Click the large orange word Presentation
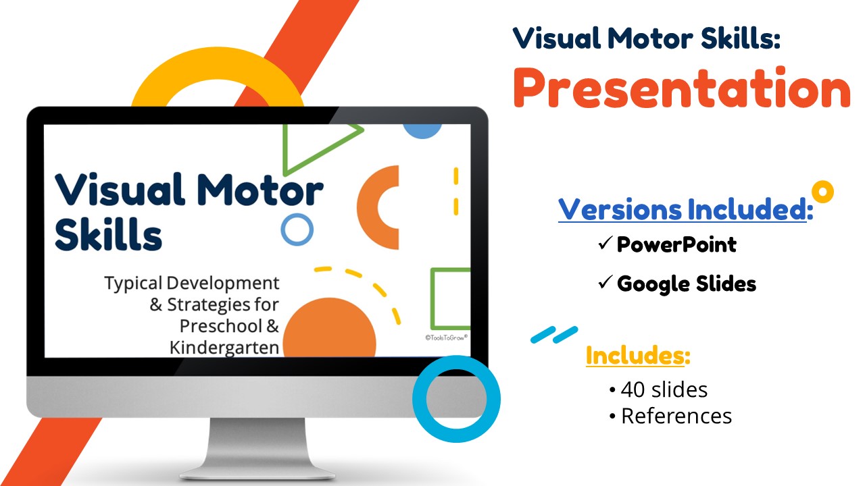pos(682,88)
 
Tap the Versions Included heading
pos(685,209)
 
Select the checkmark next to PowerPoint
pos(605,243)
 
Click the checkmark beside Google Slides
pos(605,282)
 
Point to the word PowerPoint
pos(676,244)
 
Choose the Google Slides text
pos(686,284)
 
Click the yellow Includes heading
pos(638,355)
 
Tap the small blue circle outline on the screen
pos(283,230)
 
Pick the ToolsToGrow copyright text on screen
pos(447,337)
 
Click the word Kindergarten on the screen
pos(224,348)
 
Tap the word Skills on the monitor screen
pos(109,234)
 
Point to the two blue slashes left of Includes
pos(555,334)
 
